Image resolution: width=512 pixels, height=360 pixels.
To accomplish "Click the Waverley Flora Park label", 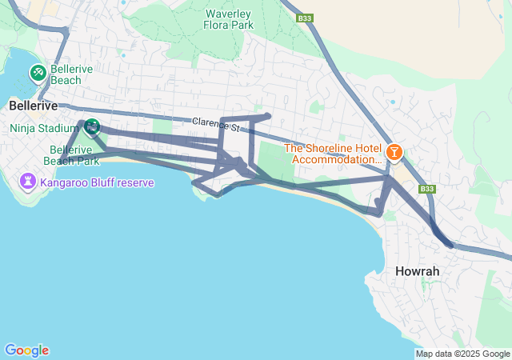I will pos(230,19).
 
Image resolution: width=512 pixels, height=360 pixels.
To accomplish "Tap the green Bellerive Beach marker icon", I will pos(38,74).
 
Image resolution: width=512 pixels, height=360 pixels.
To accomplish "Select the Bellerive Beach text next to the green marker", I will pos(71,74).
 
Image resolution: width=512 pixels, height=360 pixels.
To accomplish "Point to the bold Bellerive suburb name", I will pos(34,106).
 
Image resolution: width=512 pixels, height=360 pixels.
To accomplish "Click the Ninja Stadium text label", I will pos(42,127).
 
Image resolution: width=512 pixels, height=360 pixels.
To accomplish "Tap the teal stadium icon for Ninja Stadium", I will pos(91,126).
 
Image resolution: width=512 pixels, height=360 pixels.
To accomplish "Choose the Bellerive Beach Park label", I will pos(74,155).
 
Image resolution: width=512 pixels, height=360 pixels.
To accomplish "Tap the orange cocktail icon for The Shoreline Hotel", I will pos(394,152).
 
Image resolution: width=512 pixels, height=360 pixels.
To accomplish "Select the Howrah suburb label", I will pos(417,271).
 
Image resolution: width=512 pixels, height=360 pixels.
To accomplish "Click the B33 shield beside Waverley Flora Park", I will pos(303,18).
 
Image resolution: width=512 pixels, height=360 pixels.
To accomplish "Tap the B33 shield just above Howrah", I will pos(427,189).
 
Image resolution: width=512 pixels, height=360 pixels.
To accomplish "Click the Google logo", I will pos(26,350).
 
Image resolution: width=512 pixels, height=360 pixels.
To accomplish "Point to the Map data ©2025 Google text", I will pos(462,354).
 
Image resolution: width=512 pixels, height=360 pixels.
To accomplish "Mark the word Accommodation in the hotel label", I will pos(337,159).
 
